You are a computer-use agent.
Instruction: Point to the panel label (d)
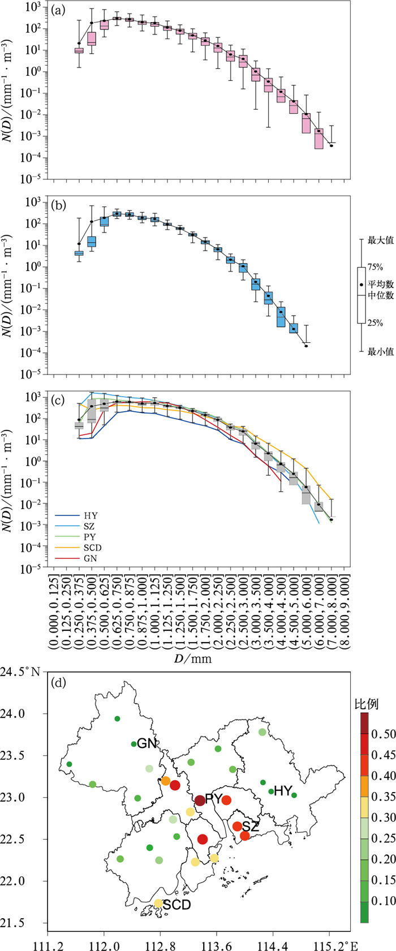(x=58, y=682)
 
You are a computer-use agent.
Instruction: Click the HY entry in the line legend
(x=89, y=516)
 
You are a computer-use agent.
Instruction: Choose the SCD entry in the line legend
(x=92, y=548)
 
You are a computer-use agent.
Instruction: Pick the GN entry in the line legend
(x=89, y=558)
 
